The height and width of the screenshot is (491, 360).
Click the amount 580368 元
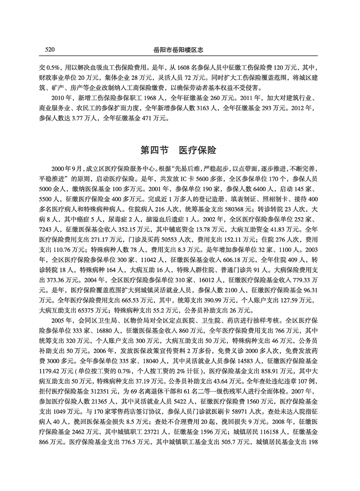point(229,208)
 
